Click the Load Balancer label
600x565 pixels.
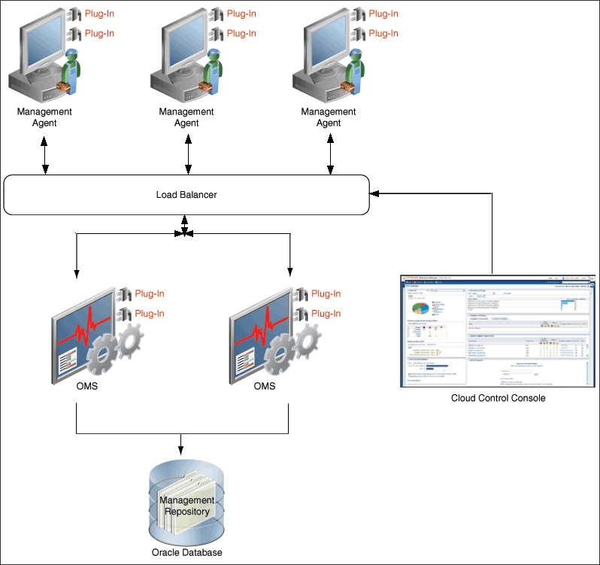click(x=186, y=195)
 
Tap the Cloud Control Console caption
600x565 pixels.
click(x=497, y=398)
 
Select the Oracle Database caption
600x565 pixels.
click(x=187, y=552)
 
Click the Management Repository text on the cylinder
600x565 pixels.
click(x=187, y=506)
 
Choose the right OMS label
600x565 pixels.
click(x=264, y=386)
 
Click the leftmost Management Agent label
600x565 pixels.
click(x=45, y=117)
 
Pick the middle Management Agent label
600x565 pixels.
click(x=186, y=117)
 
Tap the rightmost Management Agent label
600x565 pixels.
click(x=329, y=117)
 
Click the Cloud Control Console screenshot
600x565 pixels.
click(x=497, y=331)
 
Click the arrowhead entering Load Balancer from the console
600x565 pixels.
click(x=374, y=193)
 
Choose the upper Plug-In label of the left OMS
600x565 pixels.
click(x=149, y=294)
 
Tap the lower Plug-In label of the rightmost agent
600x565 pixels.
click(x=383, y=33)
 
